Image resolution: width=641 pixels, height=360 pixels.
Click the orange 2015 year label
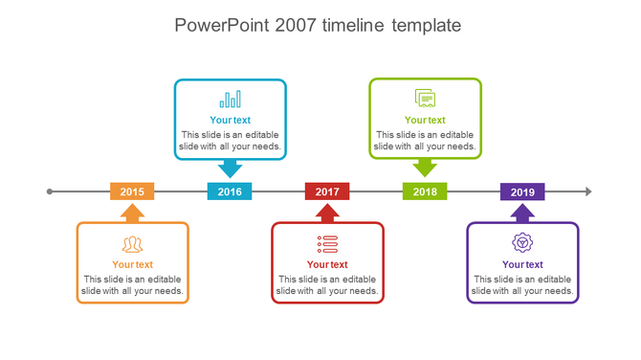[132, 191]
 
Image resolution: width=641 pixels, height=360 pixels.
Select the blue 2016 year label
[230, 191]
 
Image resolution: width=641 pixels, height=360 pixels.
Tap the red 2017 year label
[327, 191]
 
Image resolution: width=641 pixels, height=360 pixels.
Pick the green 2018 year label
[425, 191]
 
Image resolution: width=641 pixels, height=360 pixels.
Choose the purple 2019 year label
[522, 191]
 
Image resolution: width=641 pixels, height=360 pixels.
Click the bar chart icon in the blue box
[230, 99]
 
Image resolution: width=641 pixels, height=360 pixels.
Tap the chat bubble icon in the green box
[425, 98]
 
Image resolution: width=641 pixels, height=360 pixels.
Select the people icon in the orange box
[132, 244]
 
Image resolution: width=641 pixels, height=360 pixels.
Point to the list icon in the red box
[327, 243]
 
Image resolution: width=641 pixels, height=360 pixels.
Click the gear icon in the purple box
[522, 243]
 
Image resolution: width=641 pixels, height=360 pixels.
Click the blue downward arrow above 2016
[230, 169]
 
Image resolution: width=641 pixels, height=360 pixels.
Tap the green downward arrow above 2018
[425, 169]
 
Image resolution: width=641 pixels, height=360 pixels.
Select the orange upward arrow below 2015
[132, 213]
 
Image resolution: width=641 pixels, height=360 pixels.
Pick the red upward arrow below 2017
[327, 213]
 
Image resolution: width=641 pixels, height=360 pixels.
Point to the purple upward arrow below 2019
[522, 213]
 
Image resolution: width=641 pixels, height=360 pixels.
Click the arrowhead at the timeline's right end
[588, 191]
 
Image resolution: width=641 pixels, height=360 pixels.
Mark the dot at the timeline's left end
[50, 191]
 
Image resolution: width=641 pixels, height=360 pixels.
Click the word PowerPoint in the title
[222, 25]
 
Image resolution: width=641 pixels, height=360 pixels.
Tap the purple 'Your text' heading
[522, 265]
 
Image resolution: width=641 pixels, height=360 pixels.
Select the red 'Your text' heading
[327, 265]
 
